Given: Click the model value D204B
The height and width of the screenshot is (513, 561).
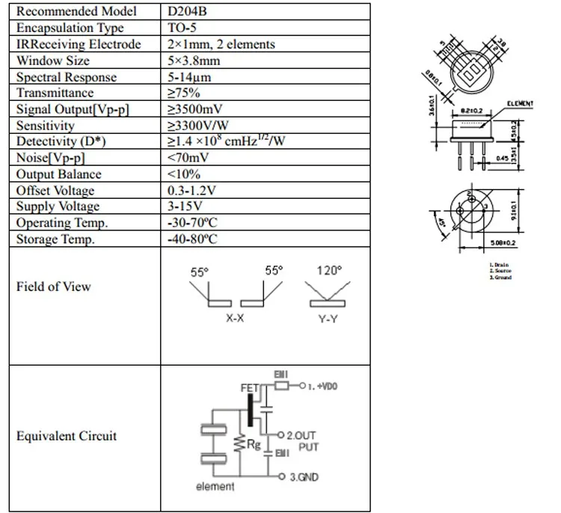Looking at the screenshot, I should [x=187, y=12].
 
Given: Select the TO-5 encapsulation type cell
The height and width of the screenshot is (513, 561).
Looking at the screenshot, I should [x=184, y=28].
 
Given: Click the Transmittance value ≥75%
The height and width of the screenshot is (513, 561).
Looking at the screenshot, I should [x=183, y=93].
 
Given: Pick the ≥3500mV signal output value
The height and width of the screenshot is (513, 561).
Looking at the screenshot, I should [x=195, y=110].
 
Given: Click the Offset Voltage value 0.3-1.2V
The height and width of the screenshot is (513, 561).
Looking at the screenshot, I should [x=192, y=191].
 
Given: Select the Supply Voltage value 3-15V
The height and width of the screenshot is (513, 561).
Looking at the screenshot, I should [x=184, y=206].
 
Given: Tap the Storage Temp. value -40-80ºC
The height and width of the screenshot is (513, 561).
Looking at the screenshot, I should [x=193, y=239].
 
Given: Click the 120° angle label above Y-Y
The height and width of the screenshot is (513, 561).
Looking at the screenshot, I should [x=328, y=270].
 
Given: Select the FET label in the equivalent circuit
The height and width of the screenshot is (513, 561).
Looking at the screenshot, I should [x=248, y=389].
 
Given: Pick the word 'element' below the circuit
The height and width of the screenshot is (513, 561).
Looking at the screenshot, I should [x=215, y=487].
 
